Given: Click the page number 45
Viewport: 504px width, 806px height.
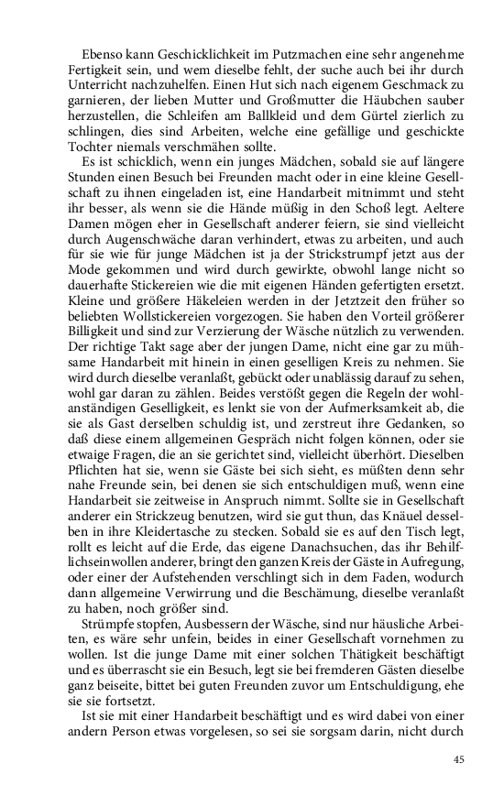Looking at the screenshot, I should [x=460, y=759].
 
